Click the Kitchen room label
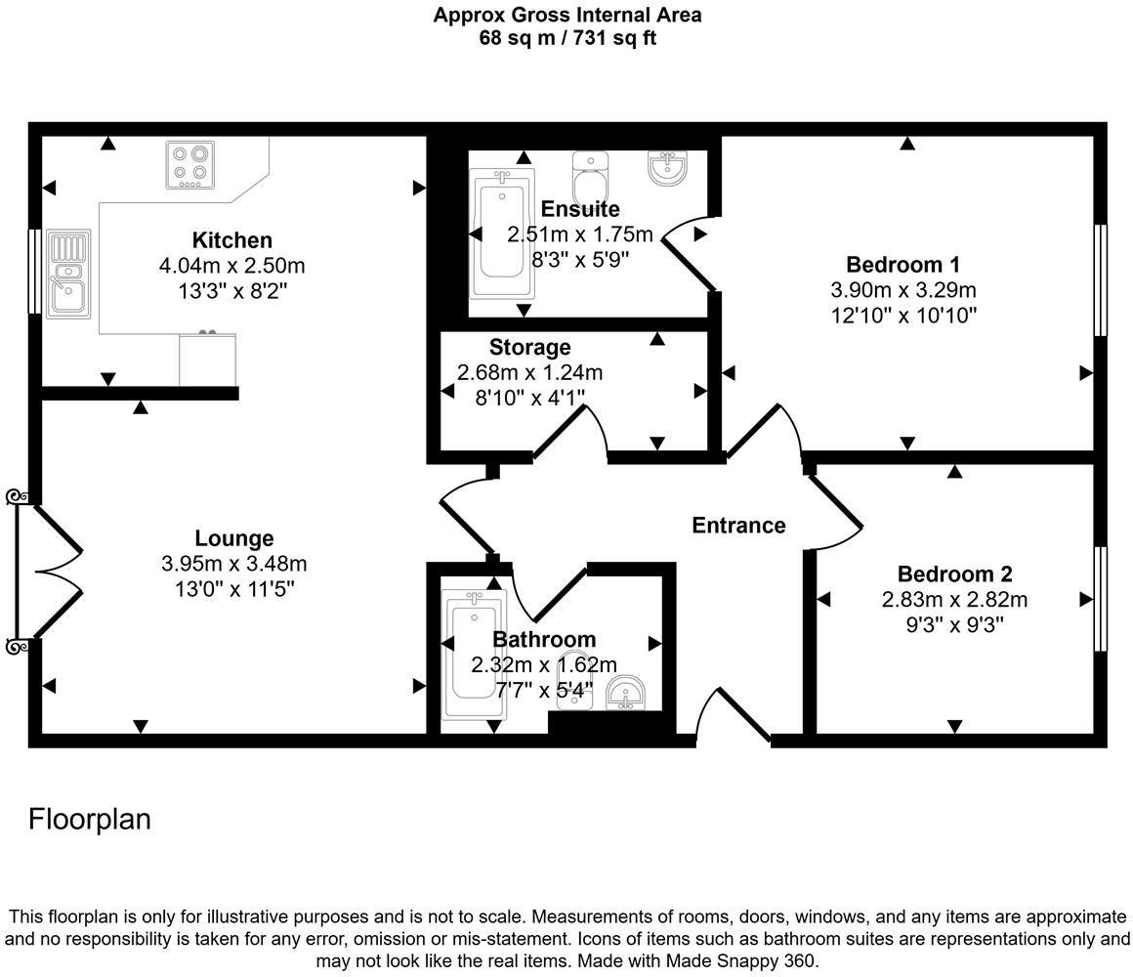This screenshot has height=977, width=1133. [x=231, y=240]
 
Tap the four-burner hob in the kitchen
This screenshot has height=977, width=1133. [x=189, y=165]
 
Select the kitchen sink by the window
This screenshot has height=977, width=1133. [x=67, y=275]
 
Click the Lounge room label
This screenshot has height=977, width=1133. [x=233, y=538]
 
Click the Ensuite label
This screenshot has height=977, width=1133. [x=579, y=209]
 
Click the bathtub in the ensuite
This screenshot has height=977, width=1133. [x=502, y=234]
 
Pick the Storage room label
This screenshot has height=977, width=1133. [x=529, y=347]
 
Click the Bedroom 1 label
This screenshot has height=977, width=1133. [x=902, y=264]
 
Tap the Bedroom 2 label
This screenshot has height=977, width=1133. [x=954, y=574]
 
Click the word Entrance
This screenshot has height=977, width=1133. [x=738, y=526]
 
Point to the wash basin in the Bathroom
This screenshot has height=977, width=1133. [x=623, y=693]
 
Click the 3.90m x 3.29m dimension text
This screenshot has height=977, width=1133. [x=902, y=290]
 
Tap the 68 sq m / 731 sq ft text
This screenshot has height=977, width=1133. [x=566, y=39]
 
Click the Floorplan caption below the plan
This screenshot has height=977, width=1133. [x=90, y=819]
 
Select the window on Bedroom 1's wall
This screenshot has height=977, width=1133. [x=1101, y=279]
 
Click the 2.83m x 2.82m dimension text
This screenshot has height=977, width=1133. [x=954, y=600]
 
